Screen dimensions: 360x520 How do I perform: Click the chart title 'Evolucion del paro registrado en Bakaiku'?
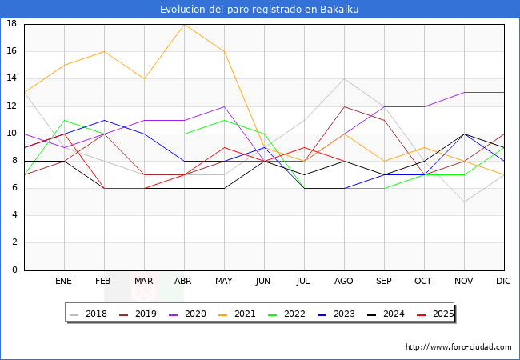[x=260, y=9]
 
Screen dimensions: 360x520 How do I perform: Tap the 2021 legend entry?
[x=239, y=314]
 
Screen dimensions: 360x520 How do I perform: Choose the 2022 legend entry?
[x=289, y=314]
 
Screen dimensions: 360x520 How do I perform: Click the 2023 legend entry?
[x=338, y=314]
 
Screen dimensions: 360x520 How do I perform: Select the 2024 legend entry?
[x=387, y=314]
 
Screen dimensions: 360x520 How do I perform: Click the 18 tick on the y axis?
[x=12, y=24]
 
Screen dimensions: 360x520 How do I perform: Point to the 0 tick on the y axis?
[x=14, y=270]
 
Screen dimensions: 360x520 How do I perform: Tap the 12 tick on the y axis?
[x=12, y=106]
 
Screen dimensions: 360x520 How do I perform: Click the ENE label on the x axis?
[x=64, y=282]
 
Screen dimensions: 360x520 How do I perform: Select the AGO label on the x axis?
[x=344, y=282]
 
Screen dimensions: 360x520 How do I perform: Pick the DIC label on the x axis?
[x=504, y=282]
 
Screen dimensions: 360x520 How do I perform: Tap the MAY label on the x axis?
[x=224, y=282]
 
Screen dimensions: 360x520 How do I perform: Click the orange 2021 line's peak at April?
[x=184, y=24]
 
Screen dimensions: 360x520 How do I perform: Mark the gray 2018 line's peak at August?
[x=344, y=78]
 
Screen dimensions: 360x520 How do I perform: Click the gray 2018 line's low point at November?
[x=464, y=202]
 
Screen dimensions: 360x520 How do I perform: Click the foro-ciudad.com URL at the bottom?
[x=458, y=347]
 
